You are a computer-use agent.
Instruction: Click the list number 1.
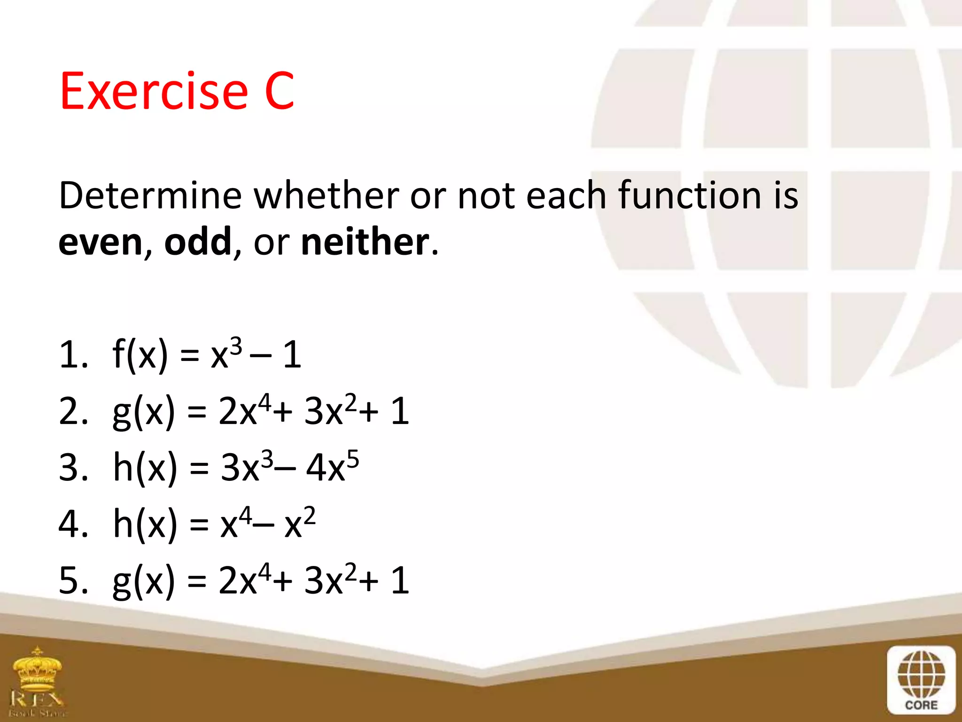tap(70, 355)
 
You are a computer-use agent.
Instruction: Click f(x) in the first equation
tap(140, 355)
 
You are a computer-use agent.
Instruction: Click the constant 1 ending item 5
tap(400, 581)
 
